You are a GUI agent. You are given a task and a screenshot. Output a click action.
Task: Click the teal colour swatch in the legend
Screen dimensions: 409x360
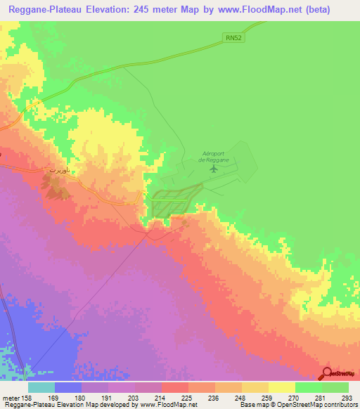click(41, 387)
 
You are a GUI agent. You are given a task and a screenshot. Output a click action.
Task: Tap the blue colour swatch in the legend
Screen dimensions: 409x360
click(68, 387)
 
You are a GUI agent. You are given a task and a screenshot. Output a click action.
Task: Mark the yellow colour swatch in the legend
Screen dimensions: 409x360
click(282, 387)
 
